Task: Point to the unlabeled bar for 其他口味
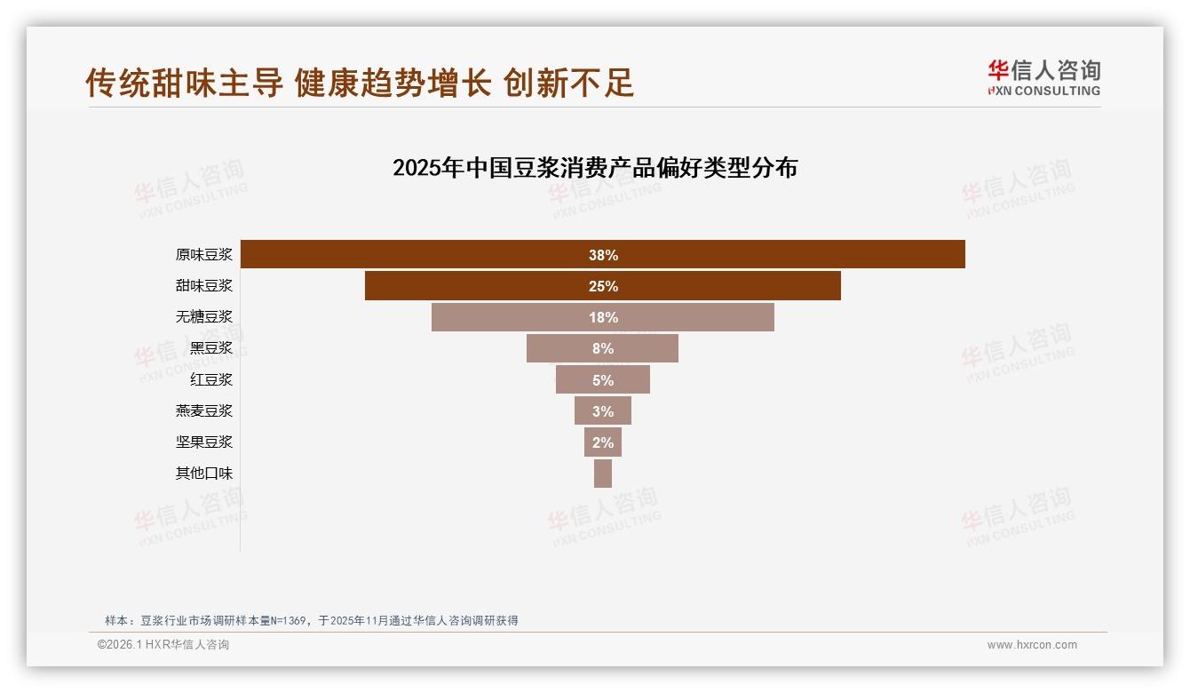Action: coord(603,474)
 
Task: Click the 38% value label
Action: coord(603,255)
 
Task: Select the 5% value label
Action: coord(603,380)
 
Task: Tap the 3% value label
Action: coord(603,411)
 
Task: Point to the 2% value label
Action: coord(603,442)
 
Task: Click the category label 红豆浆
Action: coord(211,379)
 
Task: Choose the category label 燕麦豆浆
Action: coord(204,410)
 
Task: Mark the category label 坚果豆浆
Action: coord(204,442)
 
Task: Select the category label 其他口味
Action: coord(204,474)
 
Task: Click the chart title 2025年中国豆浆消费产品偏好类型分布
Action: coord(595,168)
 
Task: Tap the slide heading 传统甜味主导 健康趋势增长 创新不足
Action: coord(360,83)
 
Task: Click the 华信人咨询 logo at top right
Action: coord(1044,77)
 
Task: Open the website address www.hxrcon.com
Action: coord(1032,645)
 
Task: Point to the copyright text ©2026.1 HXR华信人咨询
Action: coord(163,645)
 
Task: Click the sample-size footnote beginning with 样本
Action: coord(311,620)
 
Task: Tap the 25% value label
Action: coord(603,286)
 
